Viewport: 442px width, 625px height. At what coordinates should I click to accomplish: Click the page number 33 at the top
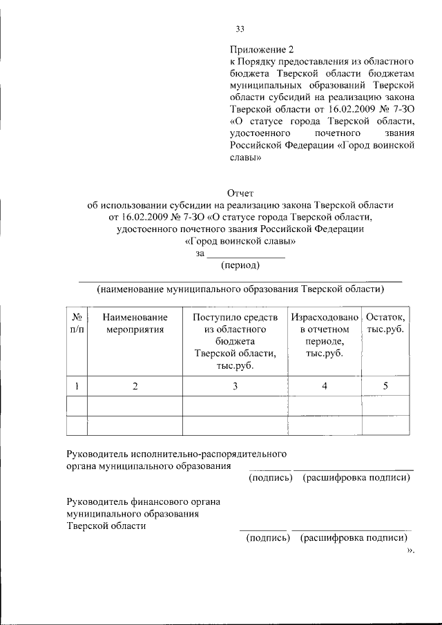click(240, 29)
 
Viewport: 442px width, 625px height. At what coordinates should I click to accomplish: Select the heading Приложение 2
click(262, 49)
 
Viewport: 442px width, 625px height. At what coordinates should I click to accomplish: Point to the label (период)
click(240, 265)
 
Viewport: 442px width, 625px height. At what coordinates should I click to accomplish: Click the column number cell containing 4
click(324, 387)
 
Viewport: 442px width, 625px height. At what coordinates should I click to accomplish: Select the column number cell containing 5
click(385, 387)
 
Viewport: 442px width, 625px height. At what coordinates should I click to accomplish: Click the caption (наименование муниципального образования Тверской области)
click(240, 289)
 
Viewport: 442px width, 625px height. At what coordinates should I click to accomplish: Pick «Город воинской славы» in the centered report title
click(240, 242)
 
